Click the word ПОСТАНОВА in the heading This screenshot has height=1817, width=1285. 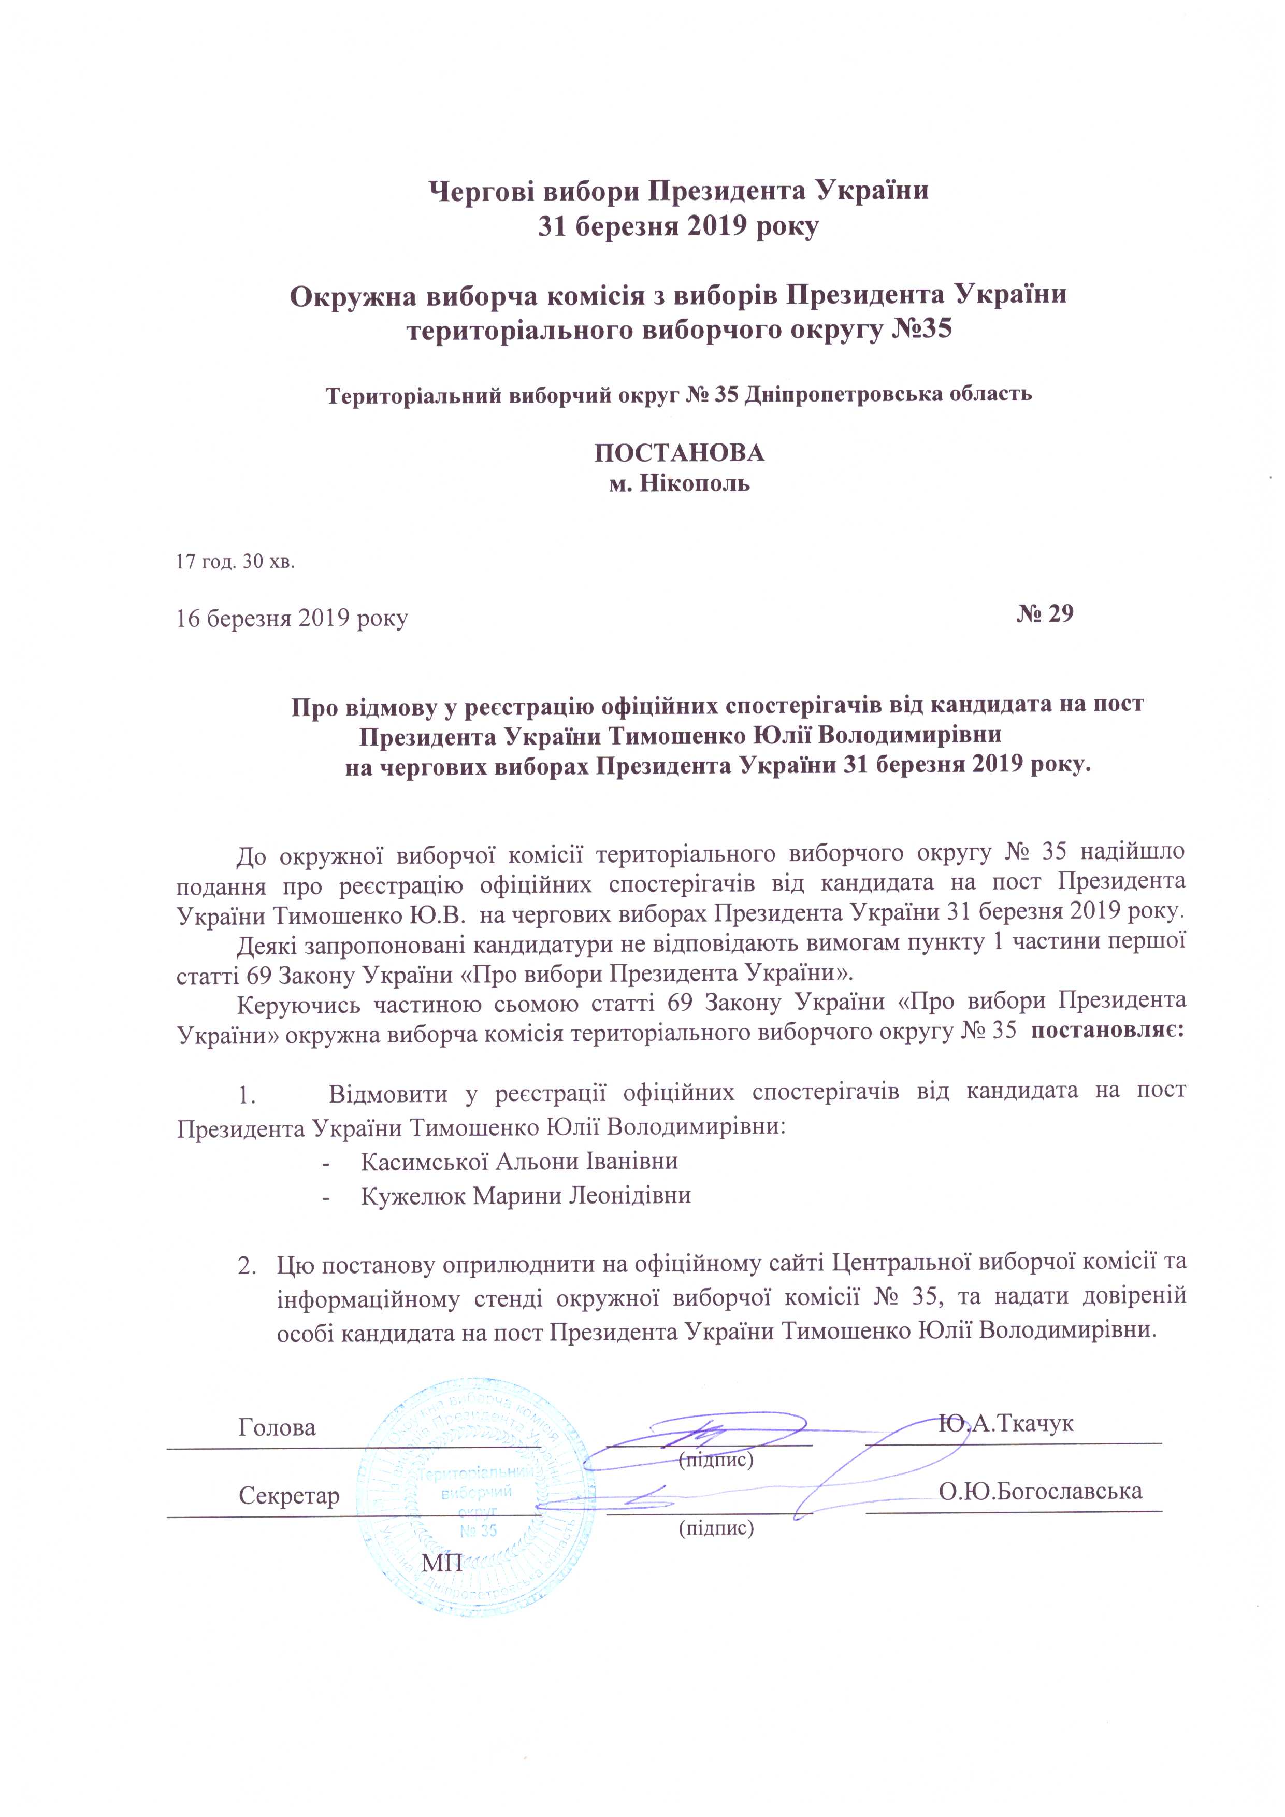[679, 453]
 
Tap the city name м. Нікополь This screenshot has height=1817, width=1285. [679, 483]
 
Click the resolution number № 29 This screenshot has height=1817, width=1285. [1045, 613]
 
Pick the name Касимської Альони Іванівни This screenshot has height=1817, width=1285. [519, 1161]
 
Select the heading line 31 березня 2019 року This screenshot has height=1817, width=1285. [679, 226]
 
